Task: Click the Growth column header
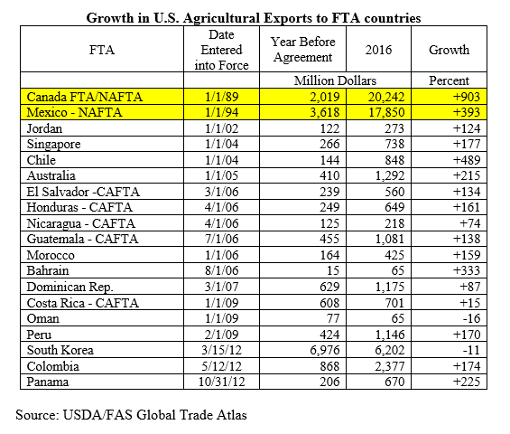[449, 50]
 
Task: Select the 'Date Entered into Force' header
[221, 50]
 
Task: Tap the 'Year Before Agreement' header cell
[302, 50]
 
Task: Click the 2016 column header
[378, 50]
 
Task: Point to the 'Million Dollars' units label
[335, 80]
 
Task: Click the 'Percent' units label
[449, 80]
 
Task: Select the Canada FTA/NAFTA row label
[85, 97]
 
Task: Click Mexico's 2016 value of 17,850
[386, 112]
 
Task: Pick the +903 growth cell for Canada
[466, 97]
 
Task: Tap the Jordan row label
[44, 128]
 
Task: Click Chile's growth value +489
[467, 160]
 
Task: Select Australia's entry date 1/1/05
[221, 175]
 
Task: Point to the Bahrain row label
[48, 270]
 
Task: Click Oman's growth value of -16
[471, 318]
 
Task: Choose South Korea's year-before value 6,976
[325, 350]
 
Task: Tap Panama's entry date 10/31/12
[221, 382]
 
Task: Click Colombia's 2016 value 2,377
[390, 366]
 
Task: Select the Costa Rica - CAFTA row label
[83, 303]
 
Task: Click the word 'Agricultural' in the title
[221, 18]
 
